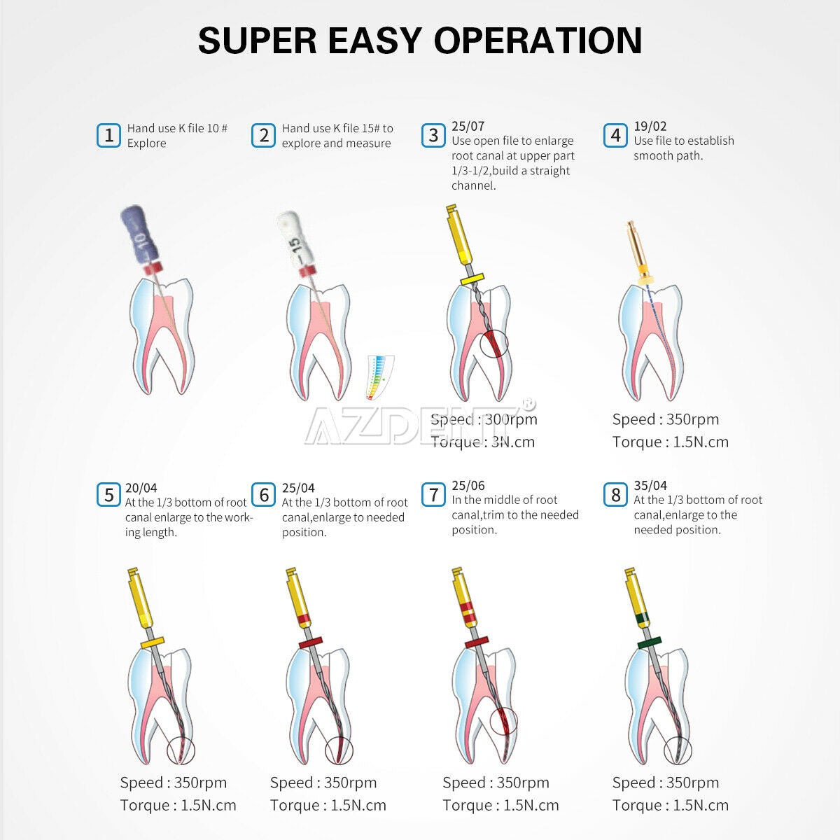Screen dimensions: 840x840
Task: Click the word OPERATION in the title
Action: [x=538, y=40]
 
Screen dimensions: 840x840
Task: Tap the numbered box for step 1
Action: [x=108, y=136]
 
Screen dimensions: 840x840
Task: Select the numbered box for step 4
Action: [x=615, y=136]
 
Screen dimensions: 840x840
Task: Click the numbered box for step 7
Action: [x=433, y=495]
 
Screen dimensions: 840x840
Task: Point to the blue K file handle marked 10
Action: [x=140, y=234]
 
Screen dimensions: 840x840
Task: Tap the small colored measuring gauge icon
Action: [x=379, y=377]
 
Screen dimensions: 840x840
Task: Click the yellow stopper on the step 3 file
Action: [x=472, y=279]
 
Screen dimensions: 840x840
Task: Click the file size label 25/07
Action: [x=468, y=127]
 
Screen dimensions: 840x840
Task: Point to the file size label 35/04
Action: [x=650, y=485]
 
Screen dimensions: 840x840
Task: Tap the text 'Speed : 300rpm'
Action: [x=484, y=419]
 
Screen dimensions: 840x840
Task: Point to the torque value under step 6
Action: [x=328, y=806]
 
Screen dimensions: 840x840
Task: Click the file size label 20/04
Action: [x=141, y=488]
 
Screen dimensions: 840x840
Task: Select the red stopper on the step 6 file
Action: [x=310, y=643]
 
